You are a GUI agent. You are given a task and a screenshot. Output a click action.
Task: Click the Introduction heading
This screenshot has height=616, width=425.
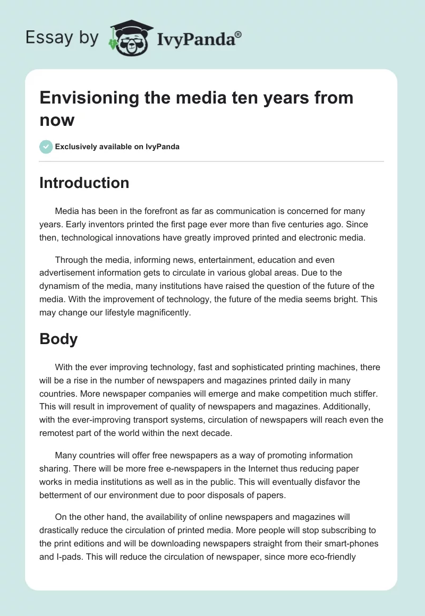[84, 183]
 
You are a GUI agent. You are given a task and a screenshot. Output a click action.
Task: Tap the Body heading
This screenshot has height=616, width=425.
[58, 339]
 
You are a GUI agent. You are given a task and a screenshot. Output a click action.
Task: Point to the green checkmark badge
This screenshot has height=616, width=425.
[46, 147]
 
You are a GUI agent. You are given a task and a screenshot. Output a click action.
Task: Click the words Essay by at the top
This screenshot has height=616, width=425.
[62, 38]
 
